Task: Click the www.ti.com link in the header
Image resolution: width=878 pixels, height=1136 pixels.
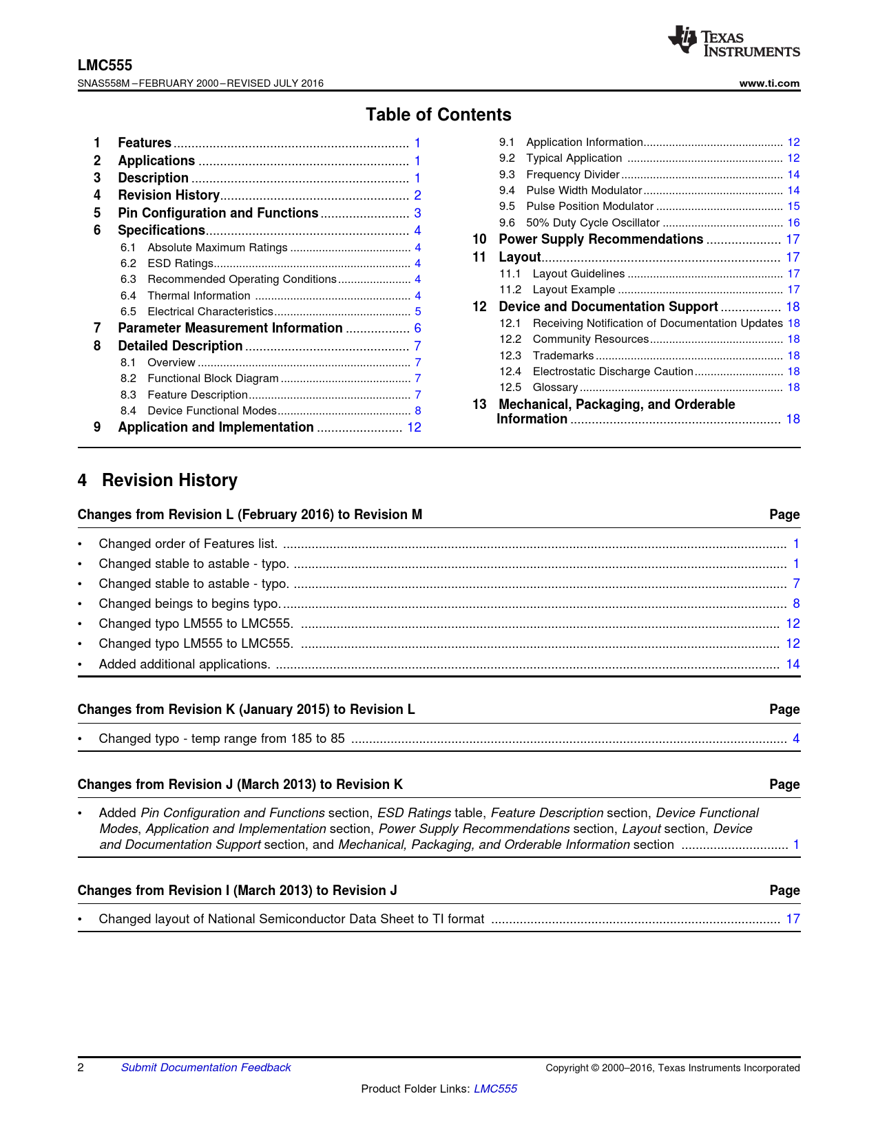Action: tap(769, 83)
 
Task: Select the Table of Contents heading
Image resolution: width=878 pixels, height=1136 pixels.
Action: tap(439, 114)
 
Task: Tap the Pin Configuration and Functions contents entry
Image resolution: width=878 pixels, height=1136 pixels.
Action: tap(218, 213)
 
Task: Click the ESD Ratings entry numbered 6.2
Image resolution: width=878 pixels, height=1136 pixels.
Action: tap(180, 264)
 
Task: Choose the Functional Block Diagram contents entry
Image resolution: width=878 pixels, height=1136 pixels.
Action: tap(213, 379)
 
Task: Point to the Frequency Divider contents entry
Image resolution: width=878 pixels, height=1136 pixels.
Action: tap(573, 175)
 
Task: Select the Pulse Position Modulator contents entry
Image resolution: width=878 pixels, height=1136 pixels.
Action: tap(589, 207)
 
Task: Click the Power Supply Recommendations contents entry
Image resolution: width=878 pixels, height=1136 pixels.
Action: tap(600, 240)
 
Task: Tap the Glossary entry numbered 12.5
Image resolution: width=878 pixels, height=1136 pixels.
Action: tap(555, 388)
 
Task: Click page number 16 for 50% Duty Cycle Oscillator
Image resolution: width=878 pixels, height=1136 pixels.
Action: tap(793, 223)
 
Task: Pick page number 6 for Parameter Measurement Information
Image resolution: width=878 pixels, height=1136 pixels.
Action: tap(417, 329)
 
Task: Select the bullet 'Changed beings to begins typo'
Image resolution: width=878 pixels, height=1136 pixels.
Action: tap(189, 604)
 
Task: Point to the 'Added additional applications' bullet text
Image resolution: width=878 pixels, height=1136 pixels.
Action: tap(184, 664)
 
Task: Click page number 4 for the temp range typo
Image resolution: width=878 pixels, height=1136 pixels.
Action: tap(796, 739)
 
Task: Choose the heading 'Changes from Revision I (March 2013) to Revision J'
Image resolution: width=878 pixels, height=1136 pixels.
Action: tap(237, 890)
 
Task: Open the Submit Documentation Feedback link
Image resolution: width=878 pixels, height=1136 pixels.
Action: tap(206, 1068)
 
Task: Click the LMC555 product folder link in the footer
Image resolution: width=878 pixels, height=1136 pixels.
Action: tap(495, 1089)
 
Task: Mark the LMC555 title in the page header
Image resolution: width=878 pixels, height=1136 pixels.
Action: tap(105, 65)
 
